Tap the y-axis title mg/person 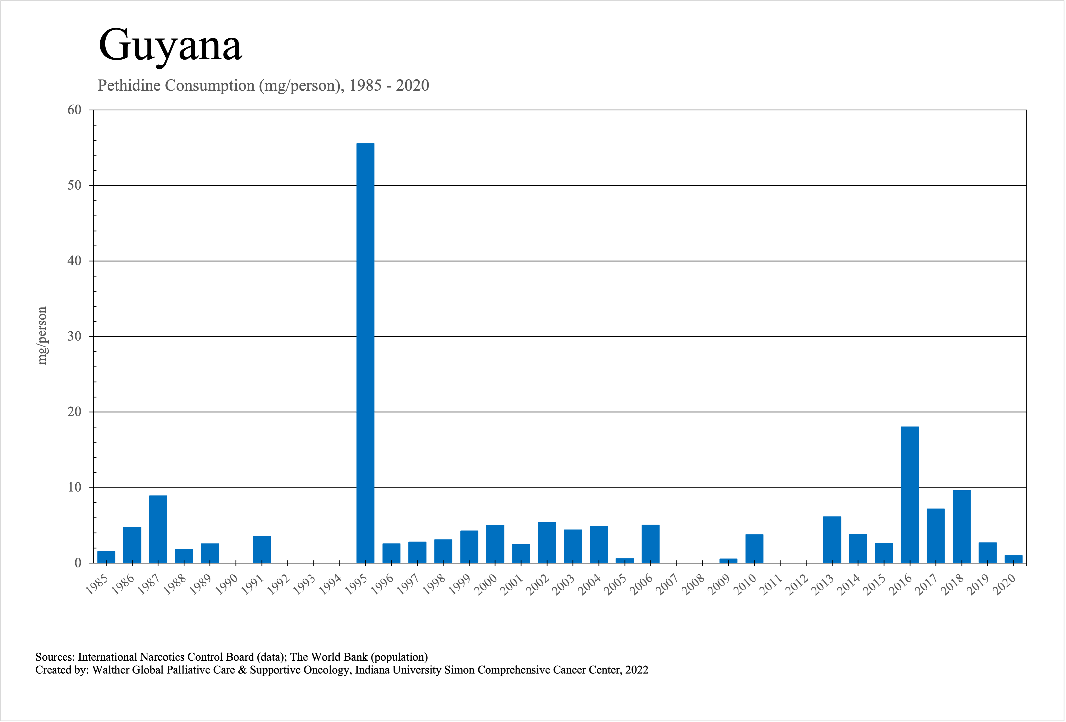[42, 336]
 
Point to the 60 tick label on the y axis [74, 110]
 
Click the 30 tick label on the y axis [74, 337]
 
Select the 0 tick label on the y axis [78, 563]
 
